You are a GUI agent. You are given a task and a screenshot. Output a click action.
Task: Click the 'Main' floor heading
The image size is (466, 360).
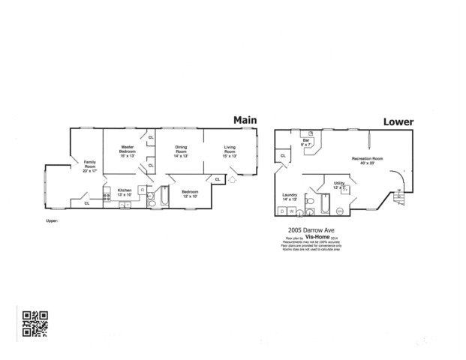[245, 120]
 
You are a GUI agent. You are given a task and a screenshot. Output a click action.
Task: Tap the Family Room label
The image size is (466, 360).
[89, 164]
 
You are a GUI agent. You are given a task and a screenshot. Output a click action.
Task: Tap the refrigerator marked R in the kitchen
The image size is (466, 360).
[141, 189]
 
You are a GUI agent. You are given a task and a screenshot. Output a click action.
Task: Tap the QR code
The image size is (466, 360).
[35, 322]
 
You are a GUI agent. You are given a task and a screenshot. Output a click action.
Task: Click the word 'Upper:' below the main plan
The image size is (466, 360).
[52, 221]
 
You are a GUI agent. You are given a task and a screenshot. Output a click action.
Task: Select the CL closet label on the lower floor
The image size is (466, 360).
[282, 155]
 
